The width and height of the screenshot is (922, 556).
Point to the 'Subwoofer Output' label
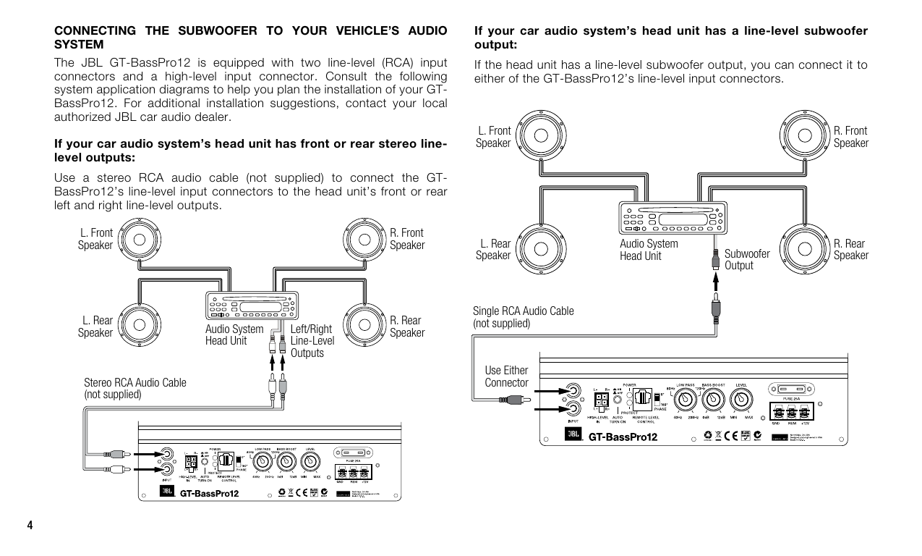[x=747, y=259]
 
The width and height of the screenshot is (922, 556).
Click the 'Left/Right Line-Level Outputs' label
[x=312, y=341]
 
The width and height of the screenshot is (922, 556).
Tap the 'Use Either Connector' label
[x=506, y=376]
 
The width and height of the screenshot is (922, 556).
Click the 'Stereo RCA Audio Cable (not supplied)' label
[x=135, y=388]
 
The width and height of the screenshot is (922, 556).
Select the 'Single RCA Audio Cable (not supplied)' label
[x=523, y=317]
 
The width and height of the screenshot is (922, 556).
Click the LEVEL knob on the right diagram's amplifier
[x=742, y=398]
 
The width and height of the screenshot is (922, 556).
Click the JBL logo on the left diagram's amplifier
[x=167, y=494]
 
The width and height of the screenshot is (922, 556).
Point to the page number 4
[x=30, y=524]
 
